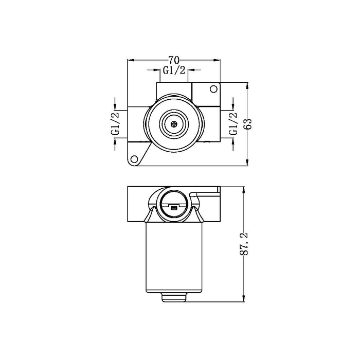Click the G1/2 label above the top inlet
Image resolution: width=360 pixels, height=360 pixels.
pos(173,71)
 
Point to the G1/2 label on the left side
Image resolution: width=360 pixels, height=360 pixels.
pos(115,123)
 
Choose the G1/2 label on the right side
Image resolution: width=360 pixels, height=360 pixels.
pos(232,123)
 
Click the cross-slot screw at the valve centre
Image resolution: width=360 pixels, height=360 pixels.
pos(174,124)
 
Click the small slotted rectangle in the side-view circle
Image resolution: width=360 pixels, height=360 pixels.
pos(174,208)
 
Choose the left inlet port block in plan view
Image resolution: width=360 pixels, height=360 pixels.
pos(136,124)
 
